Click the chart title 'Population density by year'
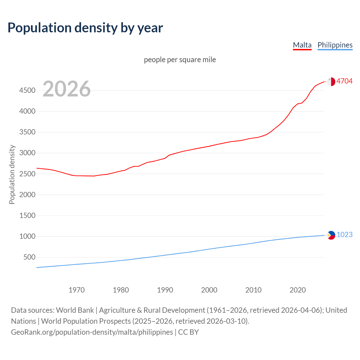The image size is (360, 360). point(85,28)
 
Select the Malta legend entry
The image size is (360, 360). point(302,45)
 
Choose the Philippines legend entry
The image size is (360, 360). point(335,45)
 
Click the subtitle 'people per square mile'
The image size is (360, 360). point(180,60)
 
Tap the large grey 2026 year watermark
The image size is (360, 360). point(67,89)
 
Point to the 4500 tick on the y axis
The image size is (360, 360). point(27,90)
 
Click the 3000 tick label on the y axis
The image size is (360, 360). point(27,153)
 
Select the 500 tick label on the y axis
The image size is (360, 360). point(29,257)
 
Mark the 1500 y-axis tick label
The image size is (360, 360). point(27,215)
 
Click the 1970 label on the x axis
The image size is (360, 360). point(76,290)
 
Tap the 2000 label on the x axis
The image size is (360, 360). point(209,290)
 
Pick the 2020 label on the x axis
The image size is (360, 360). point(298,290)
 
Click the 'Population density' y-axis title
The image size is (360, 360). point(12,174)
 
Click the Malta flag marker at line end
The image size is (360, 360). point(331,81)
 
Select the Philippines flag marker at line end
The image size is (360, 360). point(331,235)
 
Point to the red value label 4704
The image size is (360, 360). point(344,81)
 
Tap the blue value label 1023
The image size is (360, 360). point(344,235)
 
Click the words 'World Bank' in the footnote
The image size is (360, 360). point(75,310)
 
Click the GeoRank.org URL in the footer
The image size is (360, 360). point(92,332)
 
